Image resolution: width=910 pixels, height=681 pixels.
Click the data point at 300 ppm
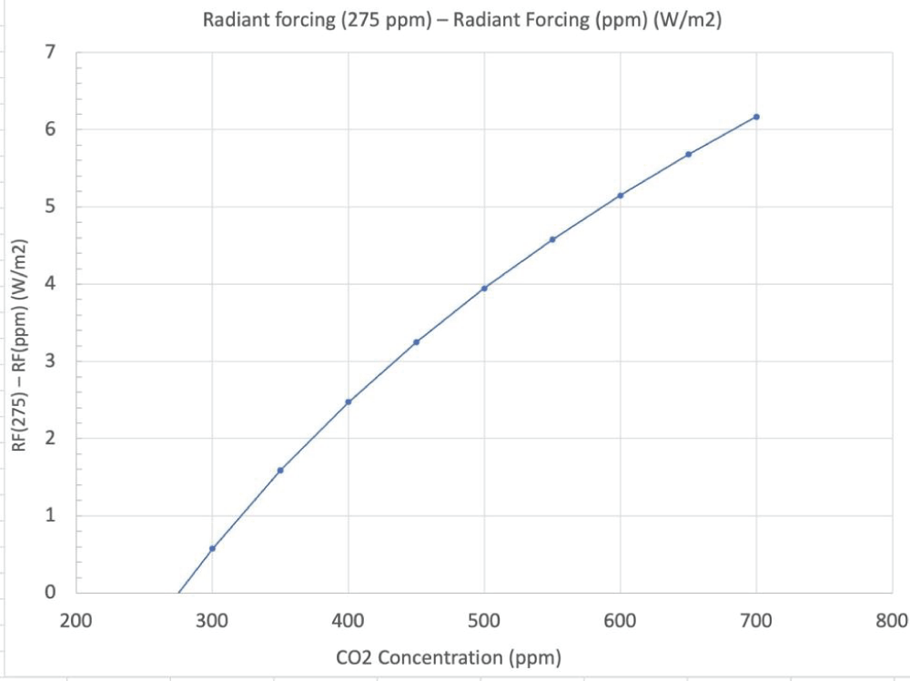coord(212,548)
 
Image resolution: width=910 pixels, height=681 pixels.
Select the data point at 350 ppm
coord(280,470)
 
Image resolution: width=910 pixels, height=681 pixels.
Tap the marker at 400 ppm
coord(349,401)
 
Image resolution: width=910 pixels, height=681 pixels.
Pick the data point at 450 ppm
coord(416,342)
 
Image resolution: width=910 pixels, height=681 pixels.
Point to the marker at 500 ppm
coord(484,288)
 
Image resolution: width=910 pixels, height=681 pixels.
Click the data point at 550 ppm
coord(552,239)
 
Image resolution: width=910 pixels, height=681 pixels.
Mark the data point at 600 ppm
coord(621,195)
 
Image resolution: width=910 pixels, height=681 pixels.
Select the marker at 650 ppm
coord(688,154)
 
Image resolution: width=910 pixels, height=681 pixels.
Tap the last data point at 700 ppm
coord(756,117)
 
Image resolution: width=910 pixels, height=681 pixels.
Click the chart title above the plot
coord(463,21)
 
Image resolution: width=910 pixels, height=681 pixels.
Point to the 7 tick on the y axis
coord(51,52)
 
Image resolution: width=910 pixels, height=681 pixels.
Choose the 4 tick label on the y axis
coord(51,284)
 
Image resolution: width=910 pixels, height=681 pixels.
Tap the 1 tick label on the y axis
coord(51,515)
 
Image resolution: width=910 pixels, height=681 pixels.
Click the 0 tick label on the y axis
coord(51,593)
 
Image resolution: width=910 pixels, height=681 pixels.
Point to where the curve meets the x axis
coord(178,593)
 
